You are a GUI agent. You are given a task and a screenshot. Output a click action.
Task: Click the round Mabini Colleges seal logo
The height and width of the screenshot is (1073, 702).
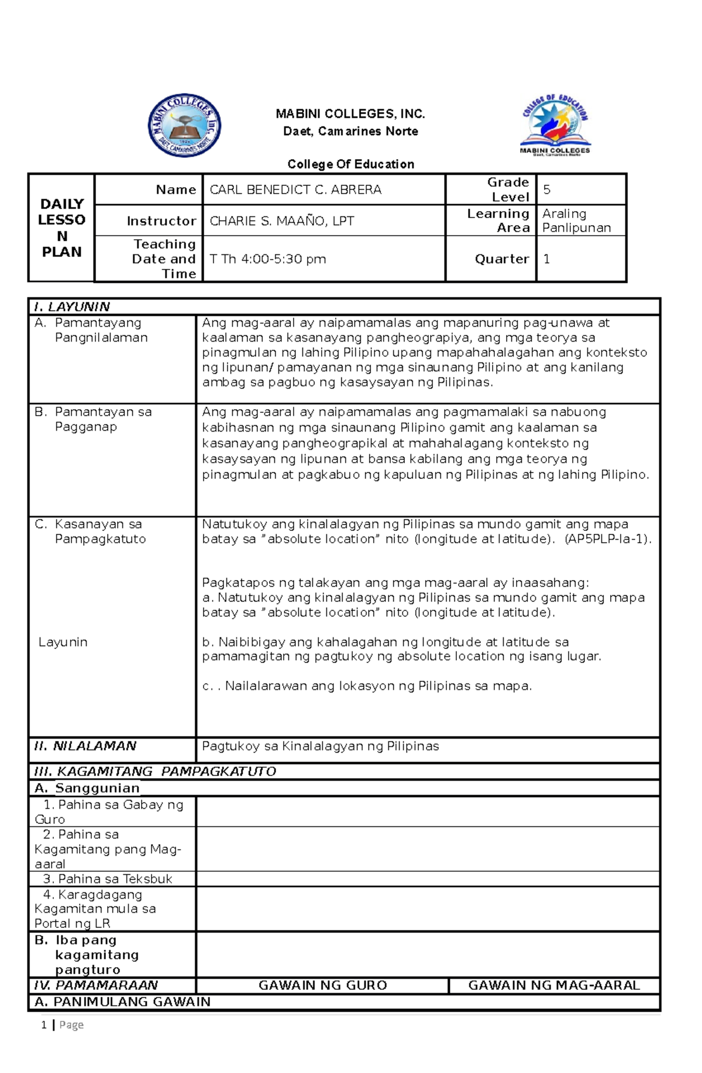click(x=184, y=125)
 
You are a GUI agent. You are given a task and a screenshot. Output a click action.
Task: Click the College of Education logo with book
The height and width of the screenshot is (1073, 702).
click(x=555, y=125)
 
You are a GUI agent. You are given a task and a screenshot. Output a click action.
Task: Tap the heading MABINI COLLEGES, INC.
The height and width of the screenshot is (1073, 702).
click(x=350, y=113)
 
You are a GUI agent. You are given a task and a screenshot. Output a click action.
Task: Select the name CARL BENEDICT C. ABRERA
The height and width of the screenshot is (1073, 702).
click(x=295, y=189)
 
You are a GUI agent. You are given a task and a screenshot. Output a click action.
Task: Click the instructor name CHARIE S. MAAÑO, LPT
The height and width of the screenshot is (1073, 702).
click(x=281, y=221)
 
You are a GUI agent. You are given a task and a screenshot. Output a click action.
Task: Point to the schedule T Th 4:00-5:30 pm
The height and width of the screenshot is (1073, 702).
click(x=267, y=258)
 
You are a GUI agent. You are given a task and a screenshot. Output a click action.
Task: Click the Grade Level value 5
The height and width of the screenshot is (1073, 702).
click(x=546, y=189)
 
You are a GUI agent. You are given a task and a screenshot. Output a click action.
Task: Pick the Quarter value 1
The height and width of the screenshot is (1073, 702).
click(x=546, y=258)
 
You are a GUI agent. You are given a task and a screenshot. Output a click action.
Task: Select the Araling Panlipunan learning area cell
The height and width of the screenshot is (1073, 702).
click(x=576, y=220)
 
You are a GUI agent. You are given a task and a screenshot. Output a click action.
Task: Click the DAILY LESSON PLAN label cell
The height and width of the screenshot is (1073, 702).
click(x=61, y=228)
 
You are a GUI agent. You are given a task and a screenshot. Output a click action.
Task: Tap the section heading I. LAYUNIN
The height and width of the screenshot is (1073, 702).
click(x=72, y=306)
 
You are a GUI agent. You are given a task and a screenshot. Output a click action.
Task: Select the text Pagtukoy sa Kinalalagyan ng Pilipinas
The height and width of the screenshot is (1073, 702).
click(x=320, y=746)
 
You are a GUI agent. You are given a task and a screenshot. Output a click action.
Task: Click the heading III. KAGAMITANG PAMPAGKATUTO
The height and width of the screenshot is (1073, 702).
click(x=155, y=771)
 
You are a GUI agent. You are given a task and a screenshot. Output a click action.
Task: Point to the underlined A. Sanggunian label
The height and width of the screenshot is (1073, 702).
click(x=87, y=788)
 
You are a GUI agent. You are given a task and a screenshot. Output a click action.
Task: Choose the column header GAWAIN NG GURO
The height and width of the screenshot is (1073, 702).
click(x=322, y=985)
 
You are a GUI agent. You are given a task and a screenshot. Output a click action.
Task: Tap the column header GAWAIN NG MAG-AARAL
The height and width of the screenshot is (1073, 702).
click(x=553, y=985)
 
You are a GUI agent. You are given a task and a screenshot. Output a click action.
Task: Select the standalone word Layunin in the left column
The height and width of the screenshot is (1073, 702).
click(x=63, y=642)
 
